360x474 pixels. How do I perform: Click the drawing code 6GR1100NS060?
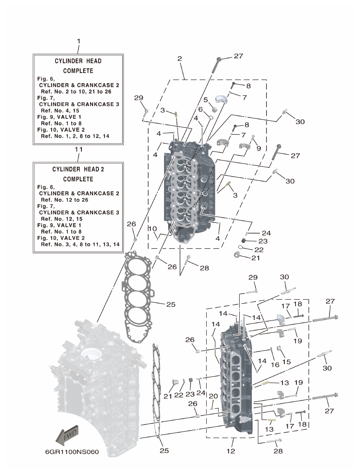tap(72, 453)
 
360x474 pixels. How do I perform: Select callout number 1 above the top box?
tap(78, 41)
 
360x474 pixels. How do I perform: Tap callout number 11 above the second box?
tap(78, 149)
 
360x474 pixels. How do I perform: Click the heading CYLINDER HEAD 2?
tap(78, 170)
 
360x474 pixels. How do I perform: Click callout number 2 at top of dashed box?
tap(180, 59)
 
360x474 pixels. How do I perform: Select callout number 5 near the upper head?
tap(206, 99)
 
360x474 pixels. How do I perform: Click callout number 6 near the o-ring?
tap(201, 109)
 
